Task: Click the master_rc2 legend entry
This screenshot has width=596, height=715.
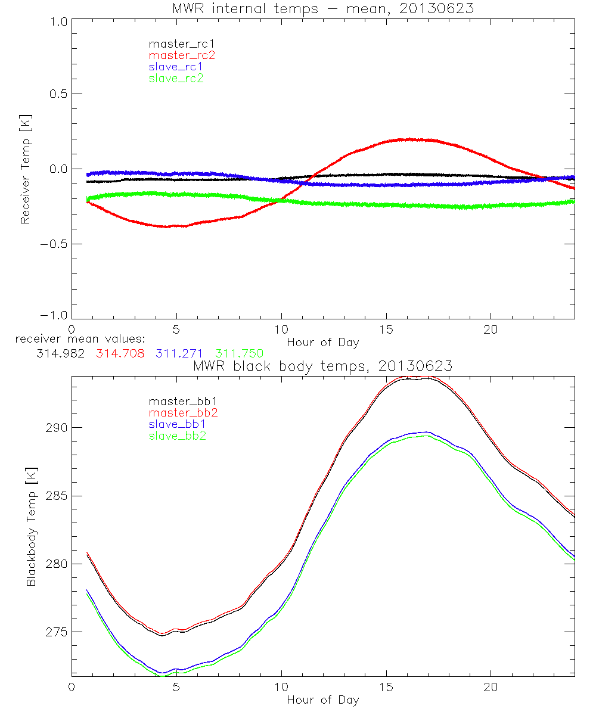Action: [182, 55]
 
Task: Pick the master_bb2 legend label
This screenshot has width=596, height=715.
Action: [184, 412]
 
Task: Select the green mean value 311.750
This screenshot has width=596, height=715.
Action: [240, 353]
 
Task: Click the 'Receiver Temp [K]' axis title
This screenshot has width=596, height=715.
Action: [25, 169]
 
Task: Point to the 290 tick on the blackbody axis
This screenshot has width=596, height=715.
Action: [55, 428]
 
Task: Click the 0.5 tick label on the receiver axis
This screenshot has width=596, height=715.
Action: [58, 94]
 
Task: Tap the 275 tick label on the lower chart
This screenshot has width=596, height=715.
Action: [55, 632]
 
